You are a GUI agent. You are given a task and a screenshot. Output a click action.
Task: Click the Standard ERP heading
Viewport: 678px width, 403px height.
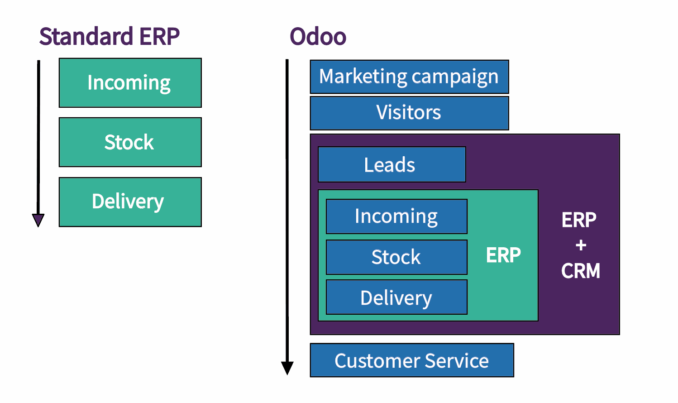(x=109, y=36)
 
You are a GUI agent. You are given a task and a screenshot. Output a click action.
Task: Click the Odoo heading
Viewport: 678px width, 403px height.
(x=318, y=36)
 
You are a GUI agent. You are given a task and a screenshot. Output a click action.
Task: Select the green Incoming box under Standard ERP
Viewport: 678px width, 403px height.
(x=130, y=83)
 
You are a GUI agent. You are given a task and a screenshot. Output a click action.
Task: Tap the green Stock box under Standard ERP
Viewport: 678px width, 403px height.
(x=130, y=142)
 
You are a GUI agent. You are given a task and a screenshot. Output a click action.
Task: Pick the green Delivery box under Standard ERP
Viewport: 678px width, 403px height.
(x=130, y=202)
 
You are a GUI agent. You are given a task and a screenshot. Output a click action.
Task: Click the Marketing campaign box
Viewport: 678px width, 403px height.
(x=410, y=77)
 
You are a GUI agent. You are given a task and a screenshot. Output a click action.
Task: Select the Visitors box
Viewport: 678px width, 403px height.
(x=410, y=113)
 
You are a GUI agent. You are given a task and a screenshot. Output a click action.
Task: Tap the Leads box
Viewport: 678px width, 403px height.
(x=392, y=164)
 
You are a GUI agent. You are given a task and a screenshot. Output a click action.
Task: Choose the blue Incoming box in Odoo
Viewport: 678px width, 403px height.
(x=396, y=216)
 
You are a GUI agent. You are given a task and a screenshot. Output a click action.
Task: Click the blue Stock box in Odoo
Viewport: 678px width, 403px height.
(x=396, y=257)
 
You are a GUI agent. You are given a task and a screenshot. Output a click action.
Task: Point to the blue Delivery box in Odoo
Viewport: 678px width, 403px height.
(x=396, y=297)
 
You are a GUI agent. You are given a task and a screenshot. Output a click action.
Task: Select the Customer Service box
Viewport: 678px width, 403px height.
(x=412, y=360)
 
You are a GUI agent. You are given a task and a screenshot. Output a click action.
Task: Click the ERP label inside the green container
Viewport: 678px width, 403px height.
(x=503, y=255)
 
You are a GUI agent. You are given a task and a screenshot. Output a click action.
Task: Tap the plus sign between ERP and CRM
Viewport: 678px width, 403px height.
(x=581, y=245)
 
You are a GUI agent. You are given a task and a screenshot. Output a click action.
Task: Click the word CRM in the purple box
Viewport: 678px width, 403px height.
(x=581, y=270)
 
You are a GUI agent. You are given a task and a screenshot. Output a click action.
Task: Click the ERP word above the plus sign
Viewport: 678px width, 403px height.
(x=579, y=220)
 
